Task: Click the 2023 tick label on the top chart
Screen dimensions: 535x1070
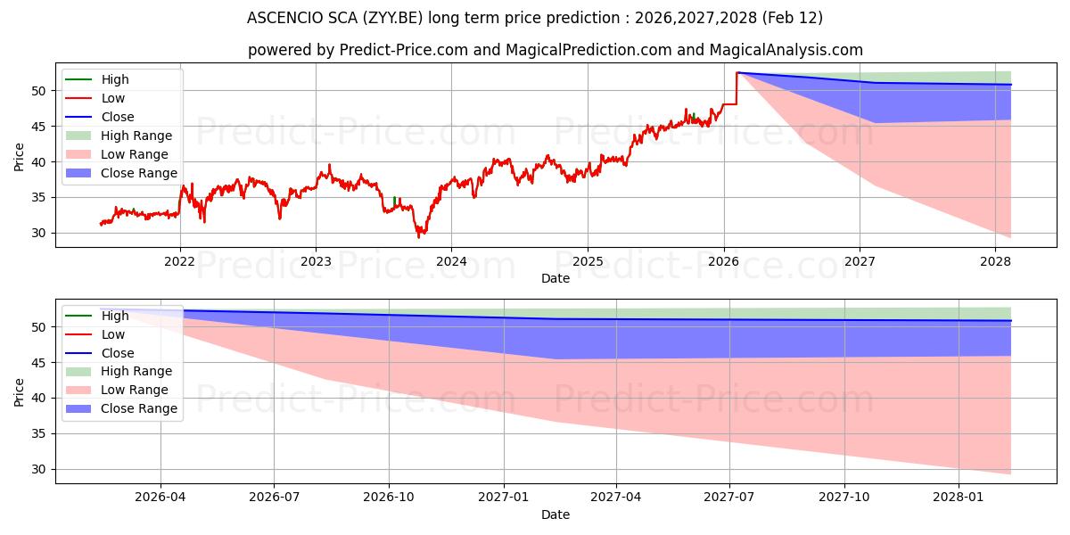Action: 316,261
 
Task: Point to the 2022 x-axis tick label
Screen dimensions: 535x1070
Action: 180,261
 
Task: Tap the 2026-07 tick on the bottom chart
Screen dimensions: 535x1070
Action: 275,498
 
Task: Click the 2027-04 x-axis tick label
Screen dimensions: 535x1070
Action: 616,498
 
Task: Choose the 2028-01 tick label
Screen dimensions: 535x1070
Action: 958,498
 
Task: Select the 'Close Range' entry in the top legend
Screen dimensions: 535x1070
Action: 139,173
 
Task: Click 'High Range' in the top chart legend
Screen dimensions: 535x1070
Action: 136,136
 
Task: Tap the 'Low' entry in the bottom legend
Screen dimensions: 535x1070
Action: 113,334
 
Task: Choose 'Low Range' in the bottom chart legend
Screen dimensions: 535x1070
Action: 135,390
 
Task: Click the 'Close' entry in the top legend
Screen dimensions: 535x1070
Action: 118,117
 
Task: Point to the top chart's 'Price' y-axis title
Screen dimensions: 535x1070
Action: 20,158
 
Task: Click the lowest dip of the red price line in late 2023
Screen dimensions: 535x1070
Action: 419,236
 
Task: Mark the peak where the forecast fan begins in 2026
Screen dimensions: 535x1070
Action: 737,72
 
